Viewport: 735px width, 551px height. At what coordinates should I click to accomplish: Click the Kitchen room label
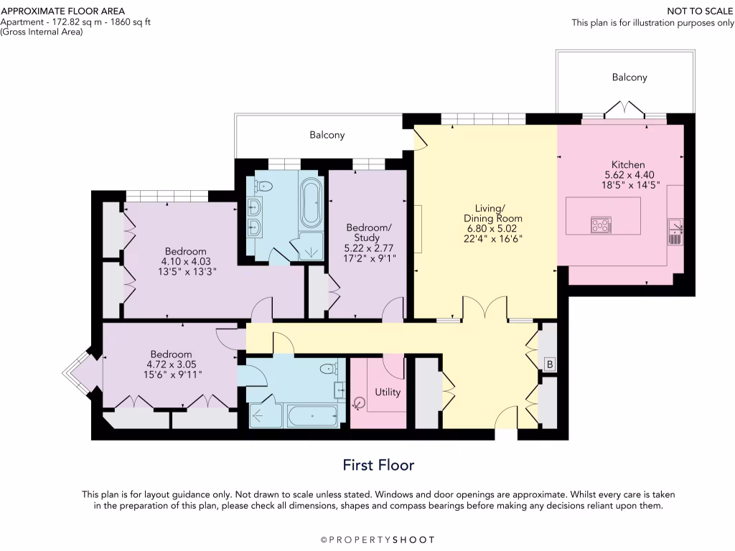click(x=628, y=164)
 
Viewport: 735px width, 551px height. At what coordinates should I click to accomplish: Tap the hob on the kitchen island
click(x=601, y=225)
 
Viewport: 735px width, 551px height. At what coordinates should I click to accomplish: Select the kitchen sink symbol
click(x=675, y=232)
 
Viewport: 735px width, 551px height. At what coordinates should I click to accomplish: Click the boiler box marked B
click(x=550, y=364)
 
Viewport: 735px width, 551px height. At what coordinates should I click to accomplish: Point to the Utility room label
click(x=388, y=392)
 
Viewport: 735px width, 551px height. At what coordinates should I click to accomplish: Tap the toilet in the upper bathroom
click(x=263, y=186)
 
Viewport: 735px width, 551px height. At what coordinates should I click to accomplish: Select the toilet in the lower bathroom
click(x=329, y=368)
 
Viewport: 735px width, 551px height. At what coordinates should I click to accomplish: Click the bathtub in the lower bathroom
click(x=313, y=415)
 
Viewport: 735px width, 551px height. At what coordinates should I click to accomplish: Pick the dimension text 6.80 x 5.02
click(x=492, y=229)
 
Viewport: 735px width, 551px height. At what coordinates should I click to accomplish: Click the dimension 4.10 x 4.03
click(x=186, y=261)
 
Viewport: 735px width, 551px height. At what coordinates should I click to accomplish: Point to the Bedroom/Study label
click(x=368, y=232)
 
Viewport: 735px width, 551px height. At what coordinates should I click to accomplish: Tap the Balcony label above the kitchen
click(x=629, y=77)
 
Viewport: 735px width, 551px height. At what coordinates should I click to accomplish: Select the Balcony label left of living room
click(x=327, y=135)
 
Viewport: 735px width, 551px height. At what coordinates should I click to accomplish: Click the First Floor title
click(x=379, y=465)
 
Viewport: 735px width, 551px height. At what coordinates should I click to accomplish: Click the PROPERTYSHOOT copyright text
click(x=378, y=540)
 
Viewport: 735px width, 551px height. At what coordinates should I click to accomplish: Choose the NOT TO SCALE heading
click(x=701, y=11)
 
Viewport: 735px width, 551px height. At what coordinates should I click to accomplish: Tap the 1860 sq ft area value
click(x=131, y=22)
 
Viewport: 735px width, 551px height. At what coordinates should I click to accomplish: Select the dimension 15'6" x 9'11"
click(x=173, y=375)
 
